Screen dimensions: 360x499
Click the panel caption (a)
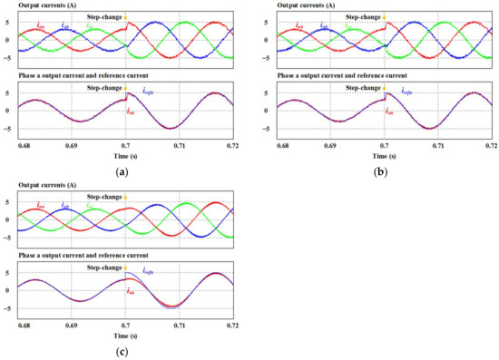tap(120, 169)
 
